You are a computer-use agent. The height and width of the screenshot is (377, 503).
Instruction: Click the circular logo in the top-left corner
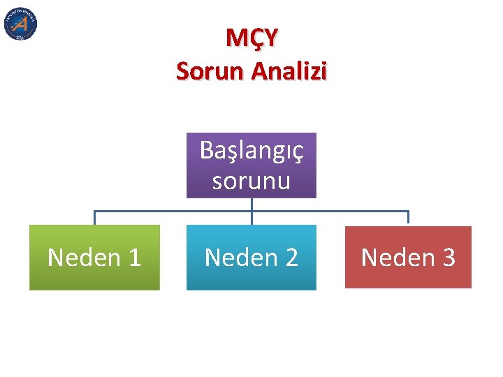pyautogui.click(x=20, y=24)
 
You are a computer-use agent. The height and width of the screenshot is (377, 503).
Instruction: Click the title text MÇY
pyautogui.click(x=251, y=38)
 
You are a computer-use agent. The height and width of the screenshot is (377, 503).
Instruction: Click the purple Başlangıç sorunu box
pyautogui.click(x=251, y=165)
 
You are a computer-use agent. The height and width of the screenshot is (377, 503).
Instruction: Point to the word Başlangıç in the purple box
pyautogui.click(x=251, y=151)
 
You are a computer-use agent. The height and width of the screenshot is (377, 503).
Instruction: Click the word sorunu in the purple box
pyautogui.click(x=251, y=180)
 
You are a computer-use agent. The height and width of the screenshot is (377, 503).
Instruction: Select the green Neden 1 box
pyautogui.click(x=94, y=257)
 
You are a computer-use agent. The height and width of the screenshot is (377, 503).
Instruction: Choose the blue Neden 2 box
pyautogui.click(x=251, y=257)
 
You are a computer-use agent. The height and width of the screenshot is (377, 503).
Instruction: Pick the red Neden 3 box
pyautogui.click(x=408, y=257)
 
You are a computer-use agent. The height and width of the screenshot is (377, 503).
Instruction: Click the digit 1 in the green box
pyautogui.click(x=133, y=258)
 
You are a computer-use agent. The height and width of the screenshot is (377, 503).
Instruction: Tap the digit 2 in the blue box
pyautogui.click(x=291, y=258)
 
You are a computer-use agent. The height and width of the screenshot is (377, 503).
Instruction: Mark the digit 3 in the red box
pyautogui.click(x=447, y=258)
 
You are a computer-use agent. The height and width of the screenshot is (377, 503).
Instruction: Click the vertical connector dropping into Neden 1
pyautogui.click(x=94, y=218)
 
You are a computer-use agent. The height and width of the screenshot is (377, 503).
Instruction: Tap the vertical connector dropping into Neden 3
pyautogui.click(x=408, y=218)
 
